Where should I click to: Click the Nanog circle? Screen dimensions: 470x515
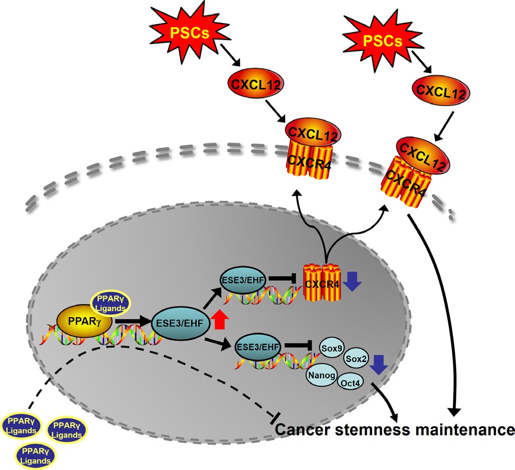(x=320, y=375)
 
